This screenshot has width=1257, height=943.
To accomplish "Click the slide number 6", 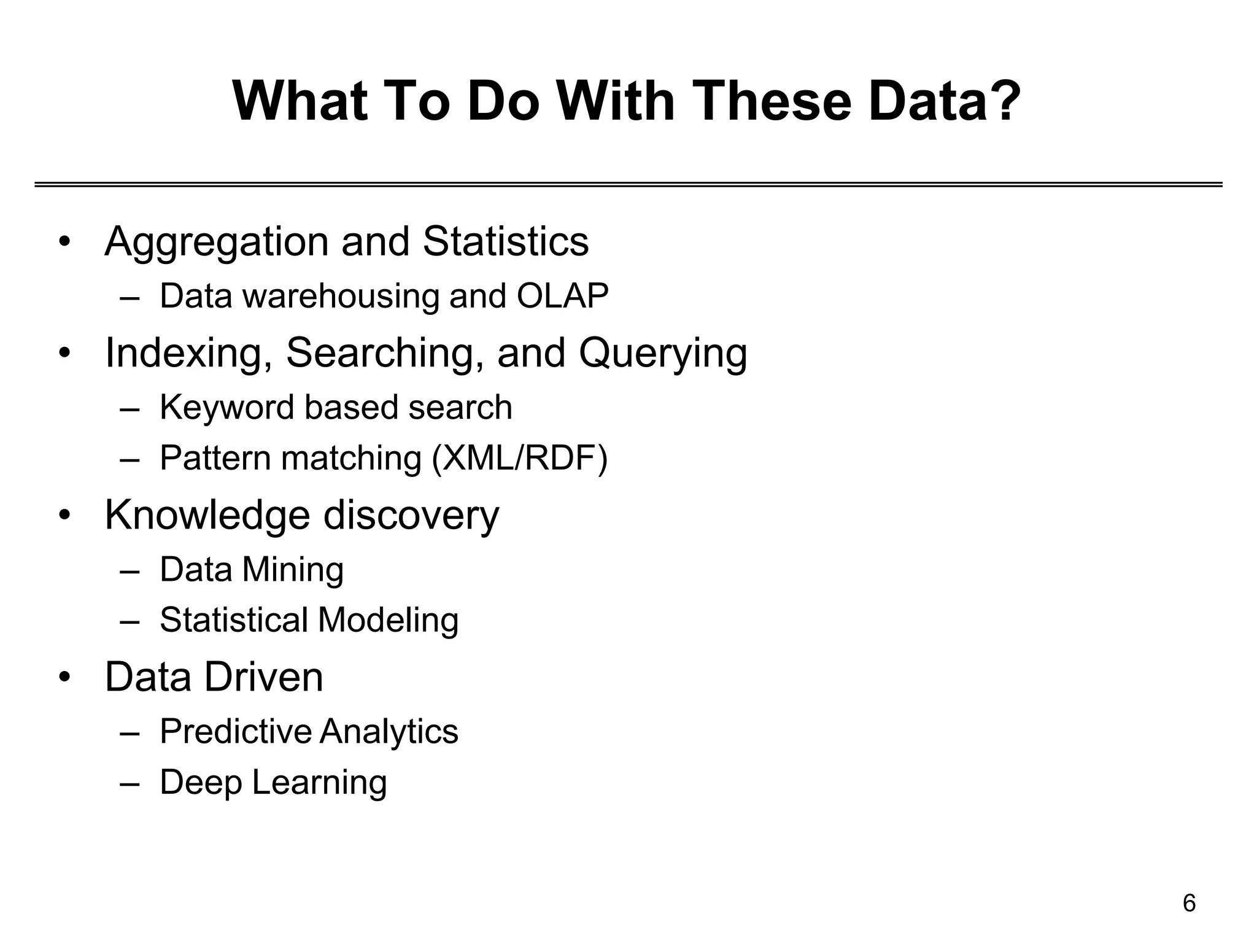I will coord(1189,903).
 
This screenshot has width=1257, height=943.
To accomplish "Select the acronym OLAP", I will coord(562,296).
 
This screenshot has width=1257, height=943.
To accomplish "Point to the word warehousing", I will coord(341,296).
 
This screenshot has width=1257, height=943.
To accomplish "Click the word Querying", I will coord(663,354).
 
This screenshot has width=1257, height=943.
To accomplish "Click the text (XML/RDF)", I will coord(519,458).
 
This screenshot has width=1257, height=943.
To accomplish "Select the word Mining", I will coord(293,570).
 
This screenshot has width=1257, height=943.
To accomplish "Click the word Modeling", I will coord(388,620).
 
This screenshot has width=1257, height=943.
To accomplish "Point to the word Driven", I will coord(263,677).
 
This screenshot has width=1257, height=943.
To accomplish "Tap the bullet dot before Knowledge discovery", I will coord(65,516).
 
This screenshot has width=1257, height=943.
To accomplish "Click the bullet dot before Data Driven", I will coord(65,678).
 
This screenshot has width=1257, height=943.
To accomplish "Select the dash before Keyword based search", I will coord(130,409).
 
